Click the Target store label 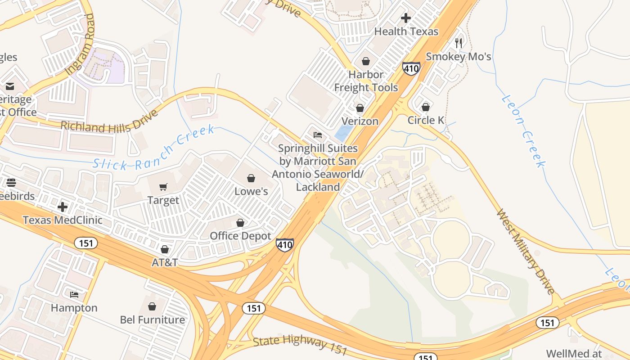[163, 200]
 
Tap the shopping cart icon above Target [163, 187]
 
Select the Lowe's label [251, 191]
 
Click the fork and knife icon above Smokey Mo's [459, 43]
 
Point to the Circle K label [426, 120]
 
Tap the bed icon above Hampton [74, 295]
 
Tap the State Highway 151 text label [300, 345]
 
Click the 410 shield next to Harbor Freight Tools [411, 68]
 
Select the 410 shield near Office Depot [285, 245]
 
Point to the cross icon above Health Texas [406, 18]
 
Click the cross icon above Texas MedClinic [63, 207]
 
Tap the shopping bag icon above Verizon [360, 108]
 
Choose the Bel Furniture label [152, 319]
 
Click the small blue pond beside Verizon [343, 133]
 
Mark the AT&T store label [165, 262]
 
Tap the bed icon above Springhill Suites [318, 135]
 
